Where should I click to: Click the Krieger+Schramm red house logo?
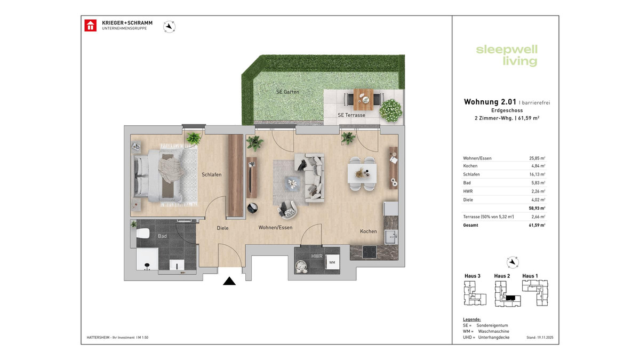(x=91, y=26)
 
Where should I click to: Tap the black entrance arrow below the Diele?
(x=229, y=281)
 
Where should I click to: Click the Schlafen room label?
(x=211, y=175)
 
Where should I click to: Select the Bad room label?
(x=162, y=235)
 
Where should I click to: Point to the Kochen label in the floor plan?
(x=368, y=231)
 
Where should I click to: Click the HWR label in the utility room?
(x=317, y=257)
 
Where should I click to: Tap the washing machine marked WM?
(x=332, y=262)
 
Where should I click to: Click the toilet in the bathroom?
(x=142, y=234)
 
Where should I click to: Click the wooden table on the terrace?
(x=362, y=98)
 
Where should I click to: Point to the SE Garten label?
(x=287, y=92)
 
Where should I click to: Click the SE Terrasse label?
(x=351, y=115)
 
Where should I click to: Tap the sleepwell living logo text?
(x=506, y=55)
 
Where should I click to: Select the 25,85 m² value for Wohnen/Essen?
(x=536, y=158)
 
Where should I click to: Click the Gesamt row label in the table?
(x=470, y=225)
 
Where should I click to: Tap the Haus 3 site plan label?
(x=473, y=276)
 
